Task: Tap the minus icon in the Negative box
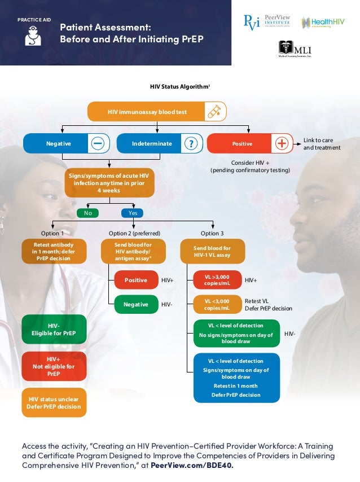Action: [x=98, y=144]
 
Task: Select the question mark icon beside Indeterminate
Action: [x=192, y=144]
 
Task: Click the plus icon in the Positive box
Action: [x=282, y=144]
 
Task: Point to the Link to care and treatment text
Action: [x=322, y=144]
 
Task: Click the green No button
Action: [x=87, y=213]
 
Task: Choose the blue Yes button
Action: [x=133, y=213]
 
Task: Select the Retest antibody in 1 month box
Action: [x=54, y=251]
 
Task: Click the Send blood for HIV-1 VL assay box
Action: [x=212, y=251]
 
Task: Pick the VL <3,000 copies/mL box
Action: [x=217, y=305]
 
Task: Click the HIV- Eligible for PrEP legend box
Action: [x=54, y=330]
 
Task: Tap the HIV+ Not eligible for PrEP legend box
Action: [x=54, y=366]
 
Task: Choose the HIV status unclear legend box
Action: [x=54, y=402]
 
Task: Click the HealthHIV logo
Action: [x=322, y=23]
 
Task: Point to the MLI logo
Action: [x=294, y=49]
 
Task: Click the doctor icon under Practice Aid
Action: [x=33, y=36]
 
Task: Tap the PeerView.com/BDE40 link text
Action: [x=191, y=466]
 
